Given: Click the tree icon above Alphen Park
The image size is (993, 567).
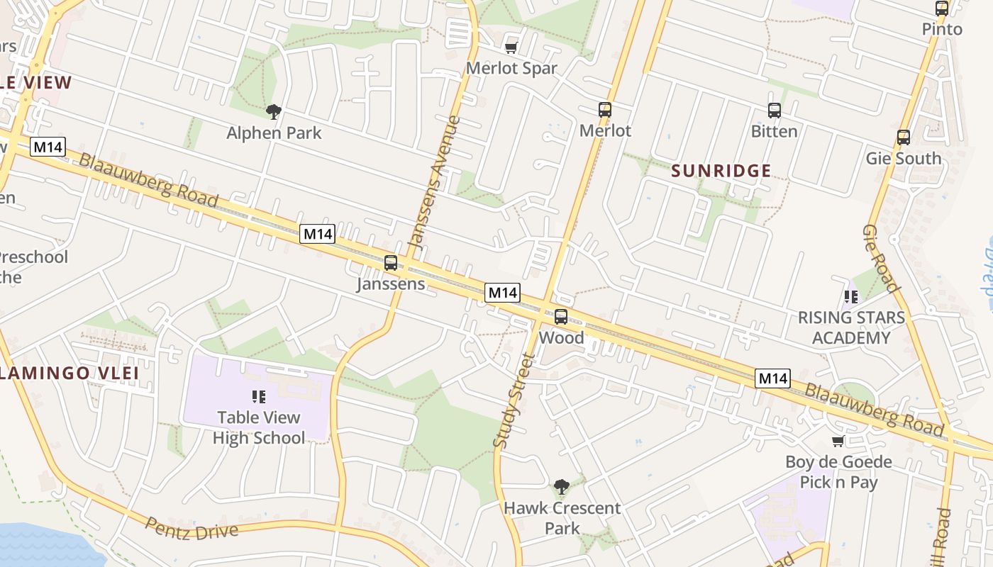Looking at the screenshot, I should click(274, 111).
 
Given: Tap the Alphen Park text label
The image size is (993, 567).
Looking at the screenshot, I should click(274, 133).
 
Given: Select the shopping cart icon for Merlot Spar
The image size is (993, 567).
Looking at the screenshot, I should click(511, 48).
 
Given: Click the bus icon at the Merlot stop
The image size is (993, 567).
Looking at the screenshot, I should click(604, 110).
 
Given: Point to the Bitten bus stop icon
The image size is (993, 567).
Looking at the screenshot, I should click(774, 111).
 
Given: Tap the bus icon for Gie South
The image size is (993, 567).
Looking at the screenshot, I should click(903, 137).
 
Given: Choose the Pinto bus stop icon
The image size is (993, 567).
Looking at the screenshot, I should click(942, 9).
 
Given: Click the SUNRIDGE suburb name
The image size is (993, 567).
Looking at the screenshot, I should click(721, 171).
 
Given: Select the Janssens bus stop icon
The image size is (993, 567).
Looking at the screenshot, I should click(390, 263).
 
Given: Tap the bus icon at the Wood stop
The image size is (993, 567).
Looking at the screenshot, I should click(561, 317).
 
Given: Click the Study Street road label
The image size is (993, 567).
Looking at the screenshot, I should click(512, 400).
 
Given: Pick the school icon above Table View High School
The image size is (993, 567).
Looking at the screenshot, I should click(259, 396).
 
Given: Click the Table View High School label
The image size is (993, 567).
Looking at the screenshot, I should click(259, 427).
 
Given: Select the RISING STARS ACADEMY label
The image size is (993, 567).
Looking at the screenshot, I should click(851, 327).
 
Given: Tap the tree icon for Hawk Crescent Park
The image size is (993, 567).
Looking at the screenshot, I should click(561, 487).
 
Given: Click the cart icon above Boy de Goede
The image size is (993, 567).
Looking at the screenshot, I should click(838, 442).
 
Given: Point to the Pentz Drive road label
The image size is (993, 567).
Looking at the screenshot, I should click(192, 529).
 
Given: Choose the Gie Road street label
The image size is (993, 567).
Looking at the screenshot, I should click(880, 259).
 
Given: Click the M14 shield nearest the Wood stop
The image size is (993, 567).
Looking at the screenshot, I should click(502, 292).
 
